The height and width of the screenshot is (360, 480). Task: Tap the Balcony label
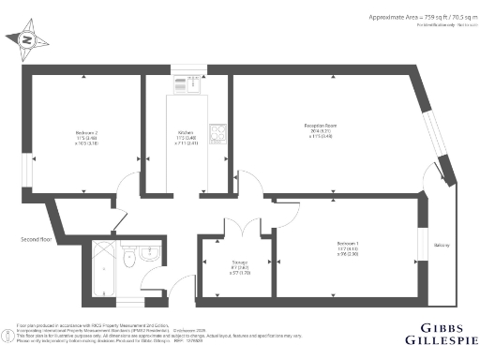click(x=442, y=245)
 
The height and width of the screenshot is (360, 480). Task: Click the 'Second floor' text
click(x=35, y=239)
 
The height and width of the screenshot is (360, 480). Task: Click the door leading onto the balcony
click(x=432, y=179)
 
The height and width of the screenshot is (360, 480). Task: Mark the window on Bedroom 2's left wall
click(x=27, y=169)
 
